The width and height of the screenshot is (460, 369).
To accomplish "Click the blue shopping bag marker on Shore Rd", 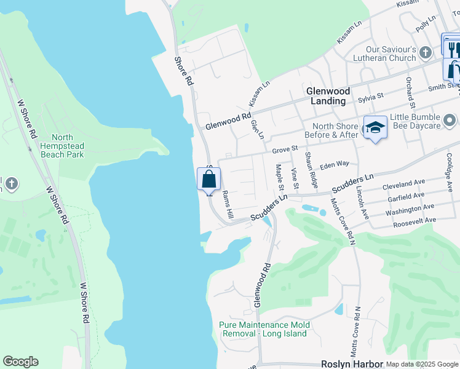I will pyautogui.click(x=208, y=180).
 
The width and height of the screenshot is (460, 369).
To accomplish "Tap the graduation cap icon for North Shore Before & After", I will pyautogui.click(x=375, y=127).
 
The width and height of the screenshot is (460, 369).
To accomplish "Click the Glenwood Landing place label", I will pyautogui.click(x=328, y=95).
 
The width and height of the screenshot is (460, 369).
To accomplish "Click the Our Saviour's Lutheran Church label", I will pyautogui.click(x=382, y=54).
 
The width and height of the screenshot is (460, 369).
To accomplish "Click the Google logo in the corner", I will pyautogui.click(x=20, y=362).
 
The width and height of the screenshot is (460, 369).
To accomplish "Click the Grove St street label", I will pyautogui.click(x=285, y=149).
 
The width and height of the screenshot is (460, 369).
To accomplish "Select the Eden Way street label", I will pyautogui.click(x=335, y=164).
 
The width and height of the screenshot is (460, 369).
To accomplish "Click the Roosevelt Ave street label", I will pyautogui.click(x=411, y=220).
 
